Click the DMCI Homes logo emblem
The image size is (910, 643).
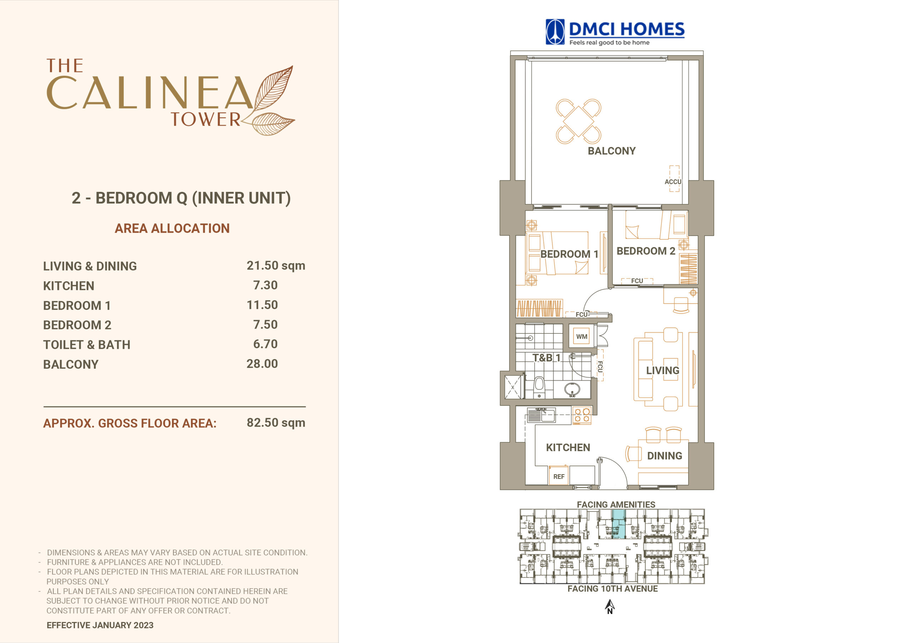[555, 32]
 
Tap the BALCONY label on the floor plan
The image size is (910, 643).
[611, 151]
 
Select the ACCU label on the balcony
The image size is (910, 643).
[673, 182]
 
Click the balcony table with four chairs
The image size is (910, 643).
[579, 121]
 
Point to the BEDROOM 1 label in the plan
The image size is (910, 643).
[569, 254]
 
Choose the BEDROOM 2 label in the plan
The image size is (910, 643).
[646, 251]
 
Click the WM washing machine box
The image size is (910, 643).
[582, 336]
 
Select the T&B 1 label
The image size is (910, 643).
[547, 358]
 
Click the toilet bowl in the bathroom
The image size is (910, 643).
[539, 387]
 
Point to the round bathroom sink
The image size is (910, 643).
[572, 389]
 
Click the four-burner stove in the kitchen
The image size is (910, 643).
[582, 416]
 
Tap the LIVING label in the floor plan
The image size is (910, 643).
[663, 371]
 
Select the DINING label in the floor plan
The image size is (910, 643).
[665, 456]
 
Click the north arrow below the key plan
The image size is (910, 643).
[610, 606]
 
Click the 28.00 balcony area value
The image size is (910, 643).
[262, 364]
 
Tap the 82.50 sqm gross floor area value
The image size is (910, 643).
[276, 423]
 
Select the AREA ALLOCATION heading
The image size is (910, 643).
[172, 228]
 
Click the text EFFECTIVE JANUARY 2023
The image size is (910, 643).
[100, 625]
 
